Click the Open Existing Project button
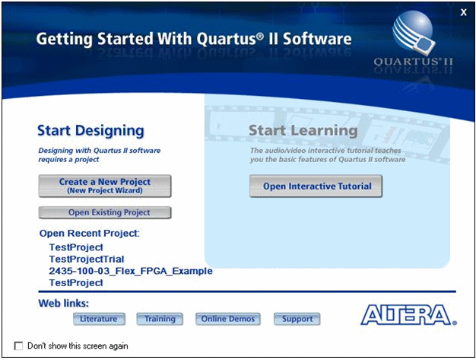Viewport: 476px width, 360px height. (x=105, y=213)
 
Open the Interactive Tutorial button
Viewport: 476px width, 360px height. (x=316, y=186)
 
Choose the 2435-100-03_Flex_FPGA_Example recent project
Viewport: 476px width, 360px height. (x=130, y=271)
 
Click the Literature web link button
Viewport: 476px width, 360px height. (x=98, y=319)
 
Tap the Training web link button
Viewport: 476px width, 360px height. (x=160, y=319)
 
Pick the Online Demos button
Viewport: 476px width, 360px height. (x=228, y=319)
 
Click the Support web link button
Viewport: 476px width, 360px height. (x=297, y=319)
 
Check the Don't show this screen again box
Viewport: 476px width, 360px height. (x=19, y=346)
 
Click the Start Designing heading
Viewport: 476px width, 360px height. (x=90, y=131)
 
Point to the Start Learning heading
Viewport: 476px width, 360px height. (x=303, y=131)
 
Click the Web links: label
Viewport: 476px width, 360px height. (x=64, y=304)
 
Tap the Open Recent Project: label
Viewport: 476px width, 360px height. (x=94, y=233)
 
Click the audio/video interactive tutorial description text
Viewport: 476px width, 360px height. (x=327, y=155)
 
